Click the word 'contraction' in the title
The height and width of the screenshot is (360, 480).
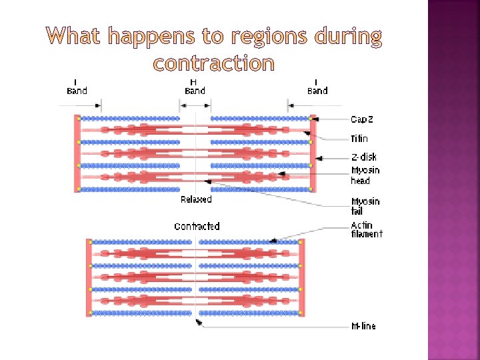coord(213,63)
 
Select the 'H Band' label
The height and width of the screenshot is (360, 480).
coord(195,87)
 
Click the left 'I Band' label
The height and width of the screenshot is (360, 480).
coord(77,87)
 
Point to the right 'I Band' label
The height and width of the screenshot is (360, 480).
coord(317,87)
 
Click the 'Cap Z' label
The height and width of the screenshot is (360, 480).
coord(362,119)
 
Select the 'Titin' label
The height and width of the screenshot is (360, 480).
coord(359,139)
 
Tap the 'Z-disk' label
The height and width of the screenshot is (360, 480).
coord(363,157)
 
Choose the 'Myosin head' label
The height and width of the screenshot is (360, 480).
coord(365,175)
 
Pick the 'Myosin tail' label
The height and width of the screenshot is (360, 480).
coord(365,206)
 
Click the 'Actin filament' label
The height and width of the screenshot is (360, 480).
coord(367,229)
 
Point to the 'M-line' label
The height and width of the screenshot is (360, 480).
coord(363,326)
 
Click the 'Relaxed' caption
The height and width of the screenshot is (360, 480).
coord(196,199)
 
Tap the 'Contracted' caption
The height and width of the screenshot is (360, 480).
coord(197,227)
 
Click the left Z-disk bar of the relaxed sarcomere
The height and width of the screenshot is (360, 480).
coord(78,153)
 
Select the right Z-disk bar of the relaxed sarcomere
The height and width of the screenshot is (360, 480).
coord(313,153)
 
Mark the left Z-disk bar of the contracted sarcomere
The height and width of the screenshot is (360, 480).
coord(88,277)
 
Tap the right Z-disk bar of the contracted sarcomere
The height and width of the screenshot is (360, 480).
coord(301,277)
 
